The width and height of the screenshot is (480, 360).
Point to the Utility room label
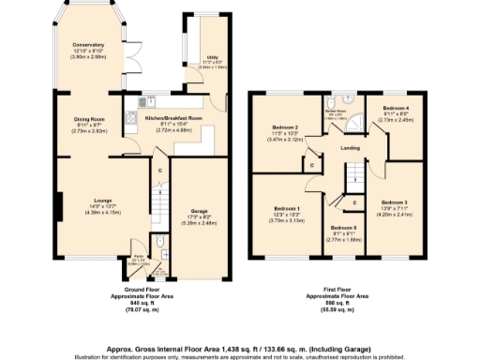pyautogui.click(x=212, y=58)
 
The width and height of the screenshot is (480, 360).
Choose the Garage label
pyautogui.click(x=199, y=212)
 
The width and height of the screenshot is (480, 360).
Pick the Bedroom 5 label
pyautogui.click(x=343, y=228)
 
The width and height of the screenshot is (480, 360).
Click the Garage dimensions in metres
pyautogui.click(x=199, y=223)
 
